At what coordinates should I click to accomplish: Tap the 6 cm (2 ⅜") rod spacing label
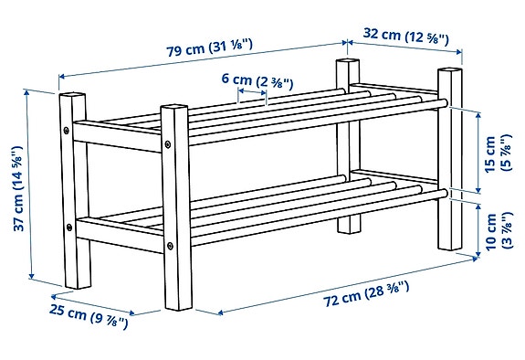pyautogui.click(x=257, y=81)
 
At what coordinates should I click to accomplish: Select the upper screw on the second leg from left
pyautogui.click(x=171, y=143)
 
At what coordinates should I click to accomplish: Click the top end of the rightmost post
pyautogui.click(x=450, y=72)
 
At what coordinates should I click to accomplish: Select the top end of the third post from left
pyautogui.click(x=345, y=64)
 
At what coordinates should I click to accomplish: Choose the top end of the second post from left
pyautogui.click(x=173, y=110)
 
